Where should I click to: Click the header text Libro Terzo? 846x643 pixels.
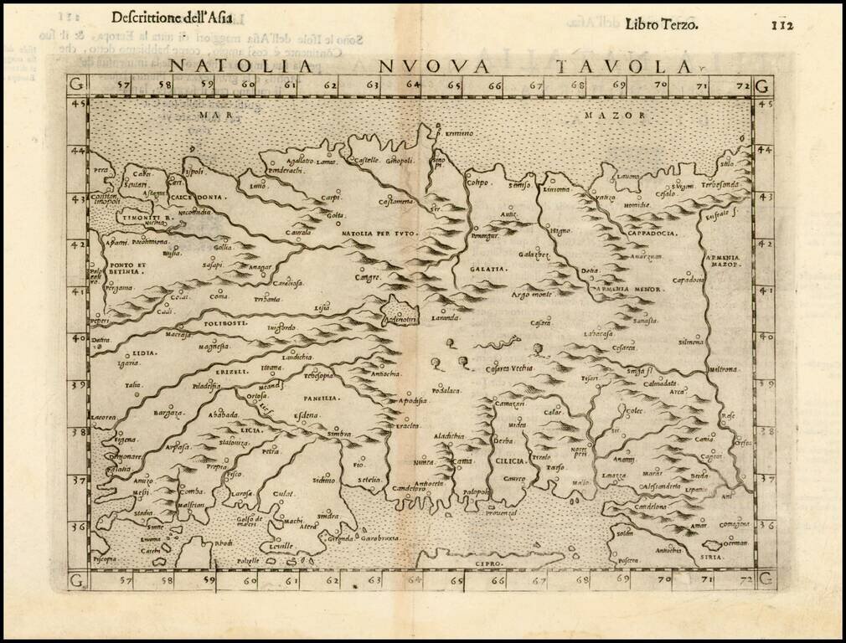tap(661, 23)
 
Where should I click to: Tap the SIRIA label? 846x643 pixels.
tap(710, 553)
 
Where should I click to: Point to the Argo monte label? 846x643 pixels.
tap(532, 296)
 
